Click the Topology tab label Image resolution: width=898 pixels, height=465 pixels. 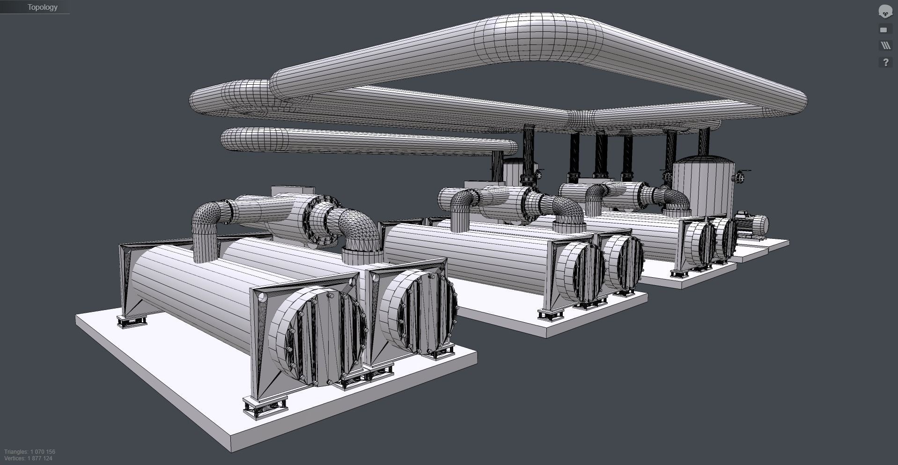point(42,7)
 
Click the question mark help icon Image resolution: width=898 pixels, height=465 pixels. point(885,62)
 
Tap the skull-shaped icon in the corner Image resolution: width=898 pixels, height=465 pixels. point(885,11)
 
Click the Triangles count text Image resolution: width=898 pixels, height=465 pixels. point(30,452)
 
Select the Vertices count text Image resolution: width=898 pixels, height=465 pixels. point(28,458)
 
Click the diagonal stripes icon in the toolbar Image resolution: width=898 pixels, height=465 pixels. point(885,45)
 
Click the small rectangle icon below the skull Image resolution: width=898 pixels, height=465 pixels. point(883,30)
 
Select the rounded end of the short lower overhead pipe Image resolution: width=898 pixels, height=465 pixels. point(229,140)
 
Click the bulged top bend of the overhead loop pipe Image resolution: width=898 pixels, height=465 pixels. point(538,37)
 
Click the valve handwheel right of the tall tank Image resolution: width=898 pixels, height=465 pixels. point(740,177)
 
